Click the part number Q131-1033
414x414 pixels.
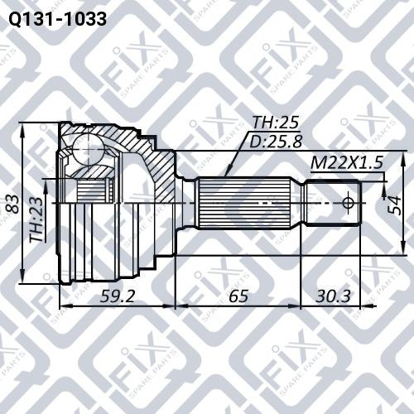coord(56,19)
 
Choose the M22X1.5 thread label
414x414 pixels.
coord(347,163)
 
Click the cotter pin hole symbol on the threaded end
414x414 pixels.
coord(348,202)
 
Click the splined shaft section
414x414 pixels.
coord(248,203)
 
